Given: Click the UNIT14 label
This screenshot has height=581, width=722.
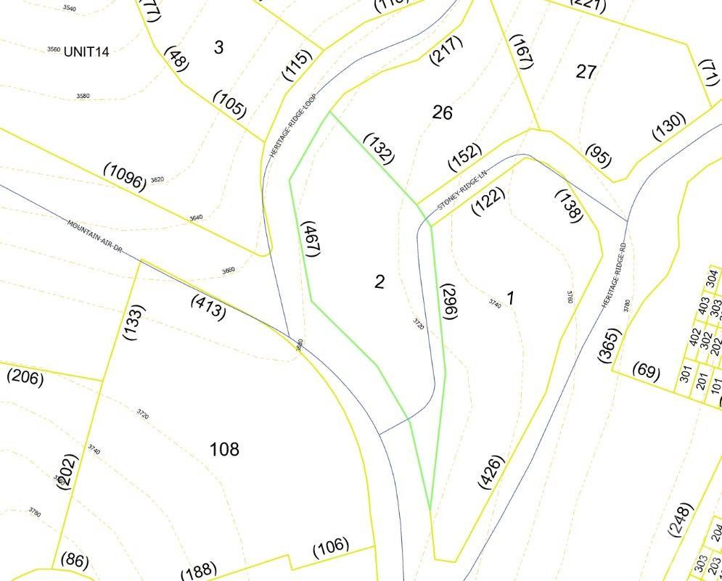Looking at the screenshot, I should click(x=86, y=51).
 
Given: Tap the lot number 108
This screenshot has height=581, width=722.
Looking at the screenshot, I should click(x=224, y=450).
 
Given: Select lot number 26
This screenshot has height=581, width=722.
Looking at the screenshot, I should click(x=443, y=112).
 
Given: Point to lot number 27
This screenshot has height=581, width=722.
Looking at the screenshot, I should click(x=586, y=72).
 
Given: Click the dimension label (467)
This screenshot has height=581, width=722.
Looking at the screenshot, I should click(x=311, y=239).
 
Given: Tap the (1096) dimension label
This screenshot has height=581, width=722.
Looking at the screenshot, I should click(x=125, y=176).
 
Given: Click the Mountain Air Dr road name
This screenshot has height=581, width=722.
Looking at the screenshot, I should click(x=96, y=236).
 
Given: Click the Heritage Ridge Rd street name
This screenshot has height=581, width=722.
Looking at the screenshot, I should click(x=613, y=275).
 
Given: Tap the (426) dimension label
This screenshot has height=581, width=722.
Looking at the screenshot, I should click(x=491, y=472).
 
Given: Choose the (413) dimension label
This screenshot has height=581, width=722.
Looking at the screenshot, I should click(x=208, y=307).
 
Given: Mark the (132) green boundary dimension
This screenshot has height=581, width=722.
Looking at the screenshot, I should click(x=378, y=148).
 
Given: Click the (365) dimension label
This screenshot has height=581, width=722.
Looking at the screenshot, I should click(x=610, y=345).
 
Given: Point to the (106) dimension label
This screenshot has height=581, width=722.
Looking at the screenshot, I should click(x=330, y=548).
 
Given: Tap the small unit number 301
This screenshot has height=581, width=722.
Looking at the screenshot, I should click(x=685, y=374).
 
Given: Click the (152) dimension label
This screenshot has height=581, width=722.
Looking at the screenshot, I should click(x=465, y=157).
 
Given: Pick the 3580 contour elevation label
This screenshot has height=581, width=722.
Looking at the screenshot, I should click(x=83, y=96).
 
